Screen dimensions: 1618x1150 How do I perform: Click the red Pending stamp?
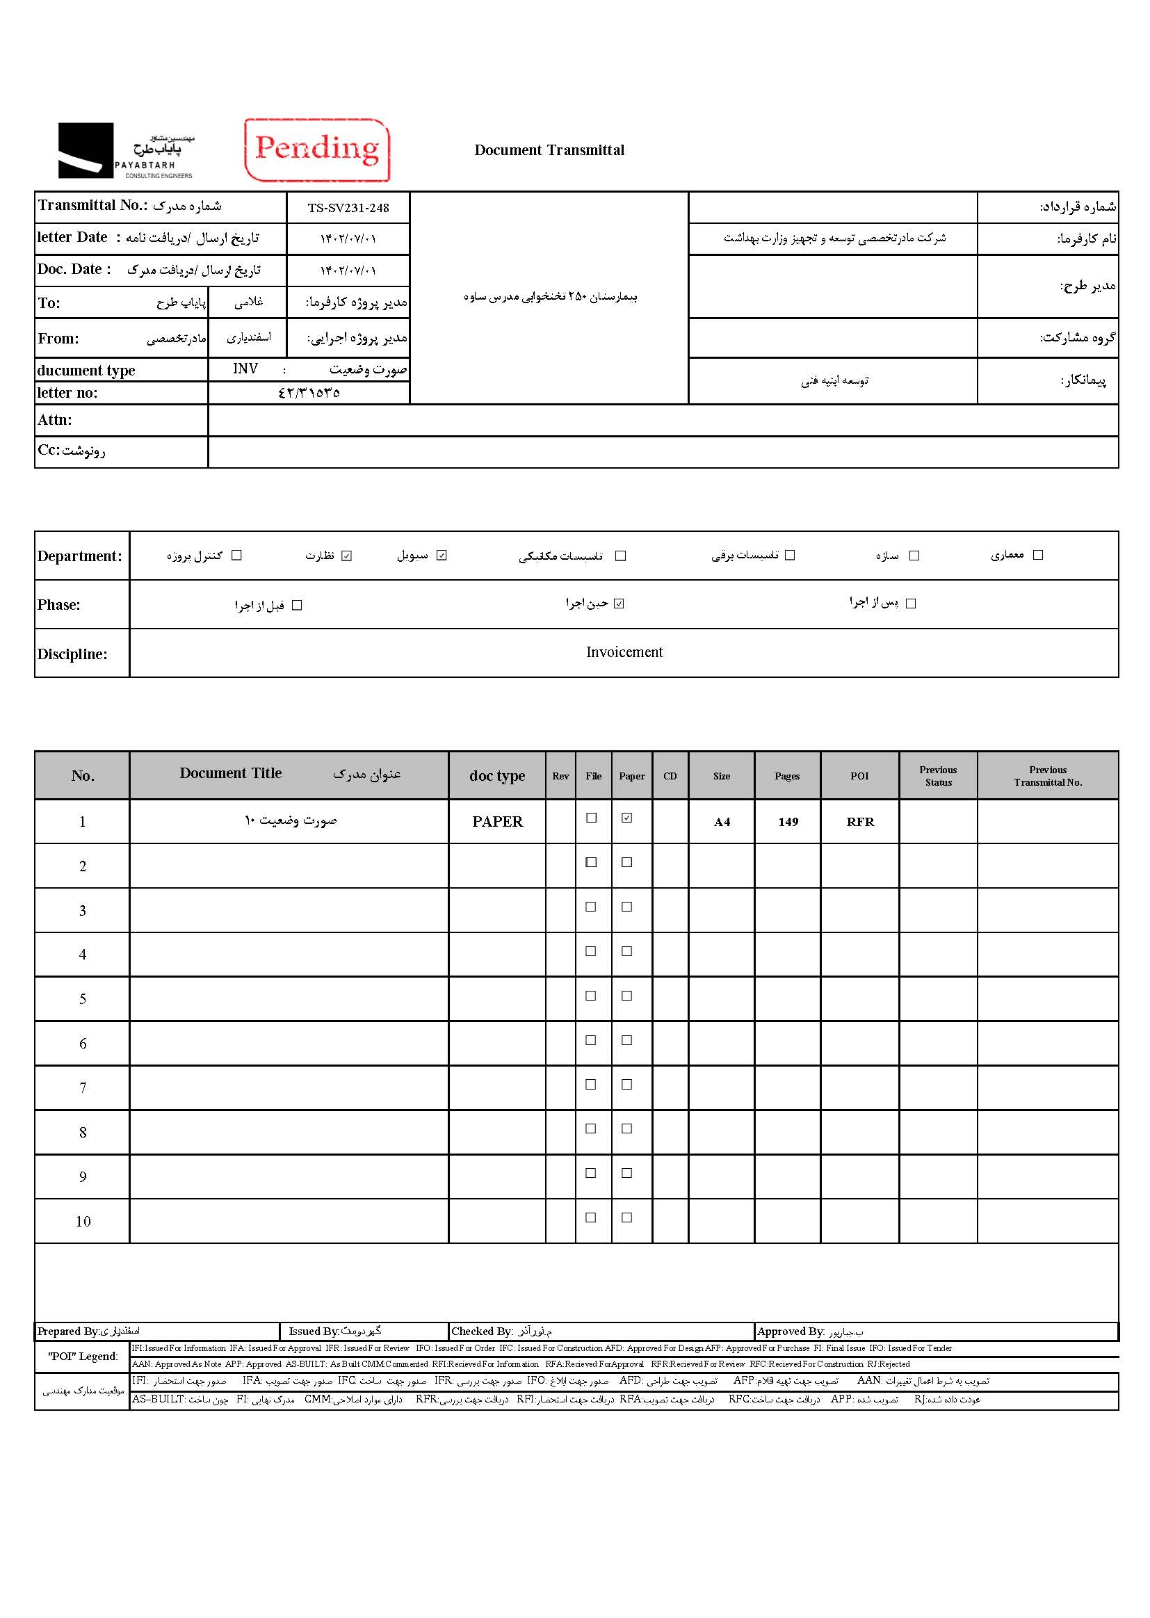tap(316, 149)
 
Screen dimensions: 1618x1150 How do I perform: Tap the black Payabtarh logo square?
tap(86, 150)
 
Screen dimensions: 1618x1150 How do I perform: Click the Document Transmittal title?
tap(549, 150)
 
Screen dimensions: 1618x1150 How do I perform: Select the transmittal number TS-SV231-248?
tap(348, 208)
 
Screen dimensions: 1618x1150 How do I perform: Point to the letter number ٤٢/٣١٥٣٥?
tap(309, 392)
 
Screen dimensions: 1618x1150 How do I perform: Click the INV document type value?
tap(245, 369)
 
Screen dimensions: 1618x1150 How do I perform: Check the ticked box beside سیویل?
tap(442, 555)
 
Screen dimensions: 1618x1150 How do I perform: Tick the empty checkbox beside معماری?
tap(1037, 554)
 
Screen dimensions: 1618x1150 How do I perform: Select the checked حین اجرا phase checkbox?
tap(619, 604)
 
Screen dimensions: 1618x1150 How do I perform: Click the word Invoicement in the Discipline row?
tap(624, 652)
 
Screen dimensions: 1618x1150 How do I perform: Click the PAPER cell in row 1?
tap(497, 821)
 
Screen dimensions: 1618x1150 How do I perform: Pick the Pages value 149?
tap(788, 821)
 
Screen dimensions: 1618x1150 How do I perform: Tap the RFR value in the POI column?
tap(859, 821)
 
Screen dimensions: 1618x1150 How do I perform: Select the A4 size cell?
tap(722, 821)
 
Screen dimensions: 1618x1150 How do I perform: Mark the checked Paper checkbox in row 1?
tap(626, 818)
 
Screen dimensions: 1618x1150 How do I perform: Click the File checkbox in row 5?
tap(590, 996)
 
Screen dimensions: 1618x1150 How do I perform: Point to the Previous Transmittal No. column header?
tap(1047, 775)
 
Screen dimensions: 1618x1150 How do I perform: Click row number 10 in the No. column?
tap(83, 1221)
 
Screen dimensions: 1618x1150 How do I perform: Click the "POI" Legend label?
tap(83, 1356)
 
